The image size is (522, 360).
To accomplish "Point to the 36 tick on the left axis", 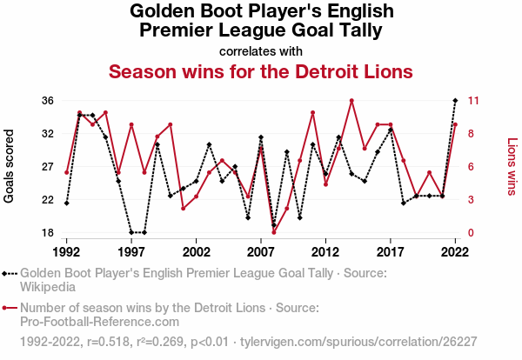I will point(48,101).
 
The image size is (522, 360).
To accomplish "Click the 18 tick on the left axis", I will point(48,233).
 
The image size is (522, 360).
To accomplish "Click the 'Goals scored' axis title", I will point(10,166).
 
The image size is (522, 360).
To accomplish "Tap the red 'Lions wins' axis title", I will point(512,166).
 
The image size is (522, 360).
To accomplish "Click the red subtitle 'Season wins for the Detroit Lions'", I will point(261,70).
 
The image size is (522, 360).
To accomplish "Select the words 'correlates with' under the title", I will point(261,50).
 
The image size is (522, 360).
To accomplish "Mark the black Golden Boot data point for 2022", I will point(455,101).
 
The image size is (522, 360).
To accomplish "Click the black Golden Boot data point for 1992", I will point(66,203).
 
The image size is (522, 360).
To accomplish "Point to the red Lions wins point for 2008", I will point(274,232).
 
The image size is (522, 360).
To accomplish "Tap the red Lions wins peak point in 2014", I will point(351,101).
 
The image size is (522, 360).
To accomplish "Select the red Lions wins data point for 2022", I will point(455,124).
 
